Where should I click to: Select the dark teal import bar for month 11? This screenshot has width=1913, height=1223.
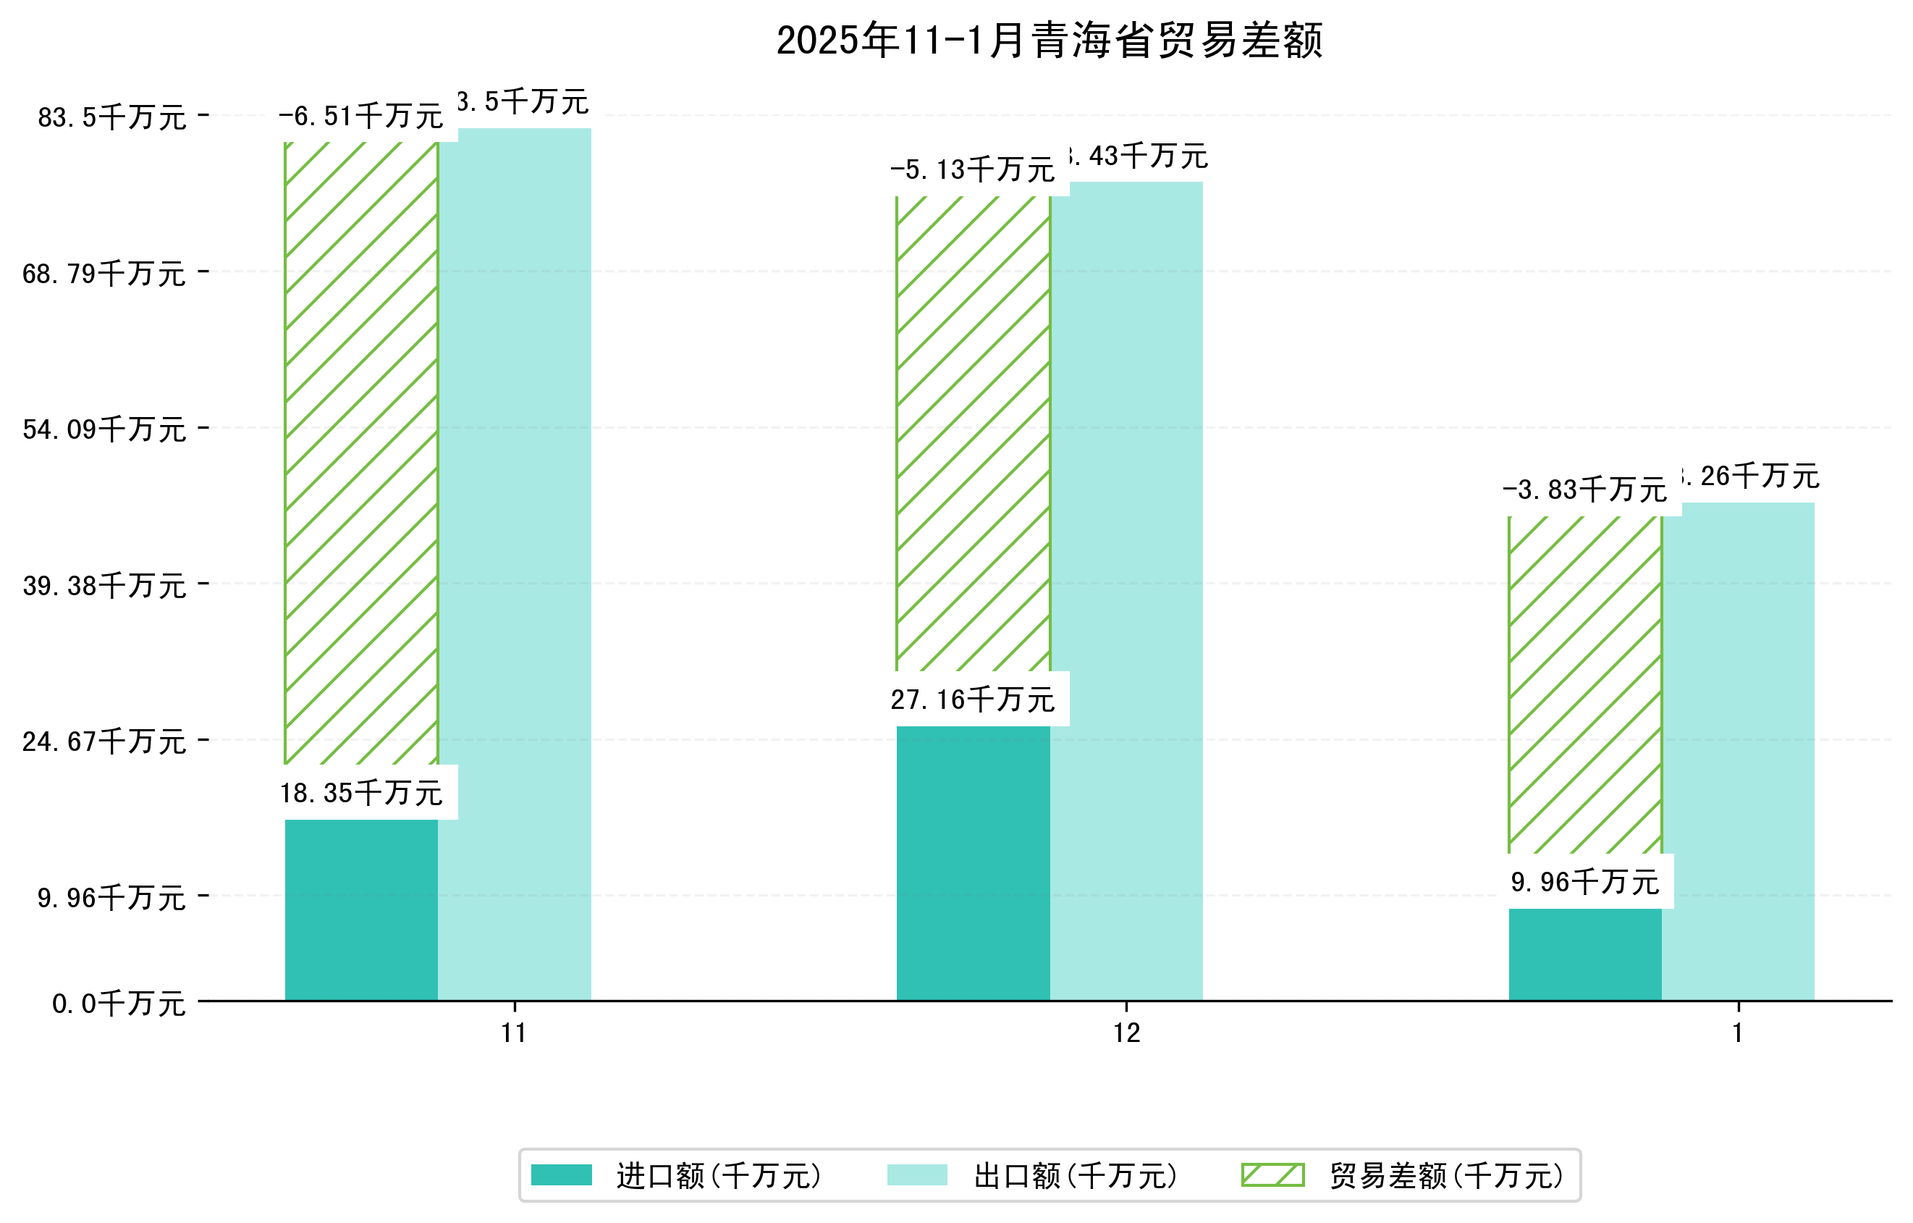click(x=361, y=909)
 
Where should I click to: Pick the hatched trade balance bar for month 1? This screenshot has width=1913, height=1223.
click(x=1585, y=684)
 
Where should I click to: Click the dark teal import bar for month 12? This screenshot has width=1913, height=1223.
click(x=974, y=863)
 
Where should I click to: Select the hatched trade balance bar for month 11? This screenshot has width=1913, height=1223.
click(x=361, y=453)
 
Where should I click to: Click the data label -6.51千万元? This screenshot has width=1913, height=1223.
click(x=360, y=117)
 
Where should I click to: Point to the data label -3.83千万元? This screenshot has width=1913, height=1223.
click(x=1584, y=489)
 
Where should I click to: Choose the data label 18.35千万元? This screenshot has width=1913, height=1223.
click(x=361, y=792)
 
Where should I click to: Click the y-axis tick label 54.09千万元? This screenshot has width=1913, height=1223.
click(x=104, y=430)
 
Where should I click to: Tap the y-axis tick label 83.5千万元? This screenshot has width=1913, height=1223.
click(x=112, y=117)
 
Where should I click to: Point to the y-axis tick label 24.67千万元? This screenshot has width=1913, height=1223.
click(x=104, y=741)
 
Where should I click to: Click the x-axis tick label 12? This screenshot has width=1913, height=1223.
click(x=1126, y=1033)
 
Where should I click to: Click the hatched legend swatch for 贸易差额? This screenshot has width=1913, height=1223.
click(x=1272, y=1174)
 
